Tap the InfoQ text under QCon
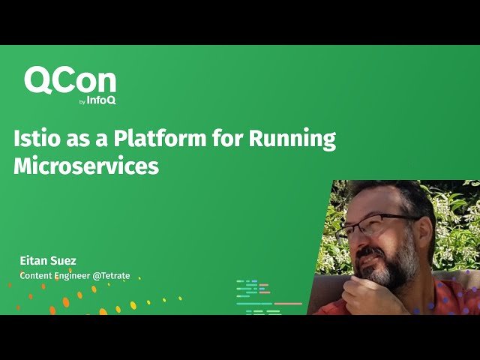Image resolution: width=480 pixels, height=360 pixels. [x=101, y=100]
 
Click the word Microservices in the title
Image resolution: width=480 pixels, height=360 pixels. [x=86, y=166]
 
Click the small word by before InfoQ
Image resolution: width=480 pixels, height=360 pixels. [x=82, y=102]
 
